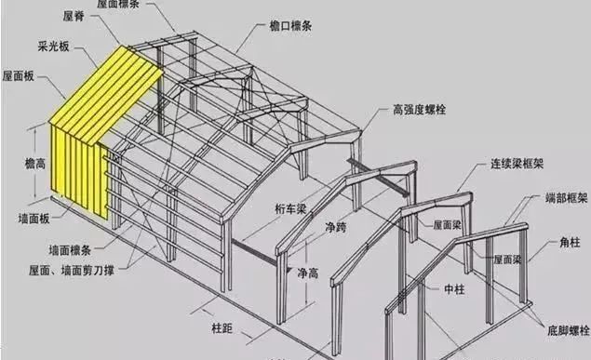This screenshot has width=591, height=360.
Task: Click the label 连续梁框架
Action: click(516, 164)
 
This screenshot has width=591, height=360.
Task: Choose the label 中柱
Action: click(455, 290)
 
